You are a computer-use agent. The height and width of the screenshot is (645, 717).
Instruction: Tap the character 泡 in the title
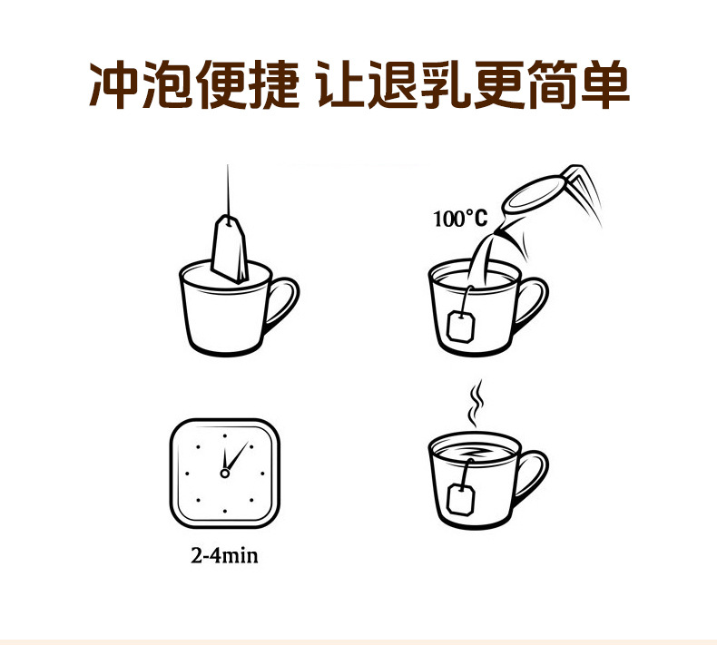(166, 85)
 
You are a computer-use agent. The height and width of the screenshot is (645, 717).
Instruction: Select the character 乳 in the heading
(446, 85)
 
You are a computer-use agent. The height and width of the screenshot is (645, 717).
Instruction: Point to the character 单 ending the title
(605, 85)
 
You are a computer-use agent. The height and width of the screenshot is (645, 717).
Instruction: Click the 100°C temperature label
(460, 219)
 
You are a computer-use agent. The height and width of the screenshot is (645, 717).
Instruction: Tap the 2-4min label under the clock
(224, 556)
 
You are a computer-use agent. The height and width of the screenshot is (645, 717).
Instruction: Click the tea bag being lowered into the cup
(230, 249)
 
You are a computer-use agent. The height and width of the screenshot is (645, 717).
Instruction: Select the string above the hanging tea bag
(228, 193)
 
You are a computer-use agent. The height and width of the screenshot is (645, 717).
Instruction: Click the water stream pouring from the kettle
(480, 259)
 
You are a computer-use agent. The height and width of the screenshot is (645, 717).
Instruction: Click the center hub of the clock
(224, 474)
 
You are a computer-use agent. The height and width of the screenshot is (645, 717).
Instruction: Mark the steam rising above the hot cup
(476, 403)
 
